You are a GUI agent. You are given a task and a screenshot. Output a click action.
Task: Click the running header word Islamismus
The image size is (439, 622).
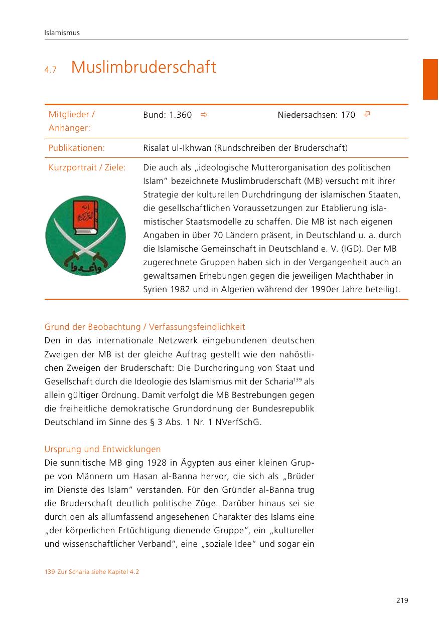62,33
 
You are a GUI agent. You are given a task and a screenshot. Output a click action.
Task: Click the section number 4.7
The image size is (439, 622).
51,70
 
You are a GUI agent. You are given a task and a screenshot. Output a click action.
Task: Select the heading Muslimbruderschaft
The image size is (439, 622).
143,67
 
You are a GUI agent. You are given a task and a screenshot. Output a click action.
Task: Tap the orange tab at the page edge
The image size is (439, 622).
430,79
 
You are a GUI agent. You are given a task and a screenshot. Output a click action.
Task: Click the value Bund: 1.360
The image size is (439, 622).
167,115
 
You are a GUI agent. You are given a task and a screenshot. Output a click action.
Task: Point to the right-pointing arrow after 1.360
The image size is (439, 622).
203,115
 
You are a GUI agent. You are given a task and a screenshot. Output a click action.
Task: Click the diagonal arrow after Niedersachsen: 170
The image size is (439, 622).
367,115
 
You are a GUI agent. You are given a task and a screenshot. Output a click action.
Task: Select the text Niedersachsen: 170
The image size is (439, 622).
316,115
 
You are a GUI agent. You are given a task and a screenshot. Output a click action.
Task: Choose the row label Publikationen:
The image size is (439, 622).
77,148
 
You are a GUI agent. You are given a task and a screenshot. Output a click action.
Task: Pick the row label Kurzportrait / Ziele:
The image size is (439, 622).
87,167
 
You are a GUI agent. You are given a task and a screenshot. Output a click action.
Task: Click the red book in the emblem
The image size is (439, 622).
85,217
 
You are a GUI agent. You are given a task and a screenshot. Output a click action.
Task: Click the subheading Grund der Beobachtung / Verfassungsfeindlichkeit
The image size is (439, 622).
144,327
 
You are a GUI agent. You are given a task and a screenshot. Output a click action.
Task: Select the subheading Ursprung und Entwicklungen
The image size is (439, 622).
102,449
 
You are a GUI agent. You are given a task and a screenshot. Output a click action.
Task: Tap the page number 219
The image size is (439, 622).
401,600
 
